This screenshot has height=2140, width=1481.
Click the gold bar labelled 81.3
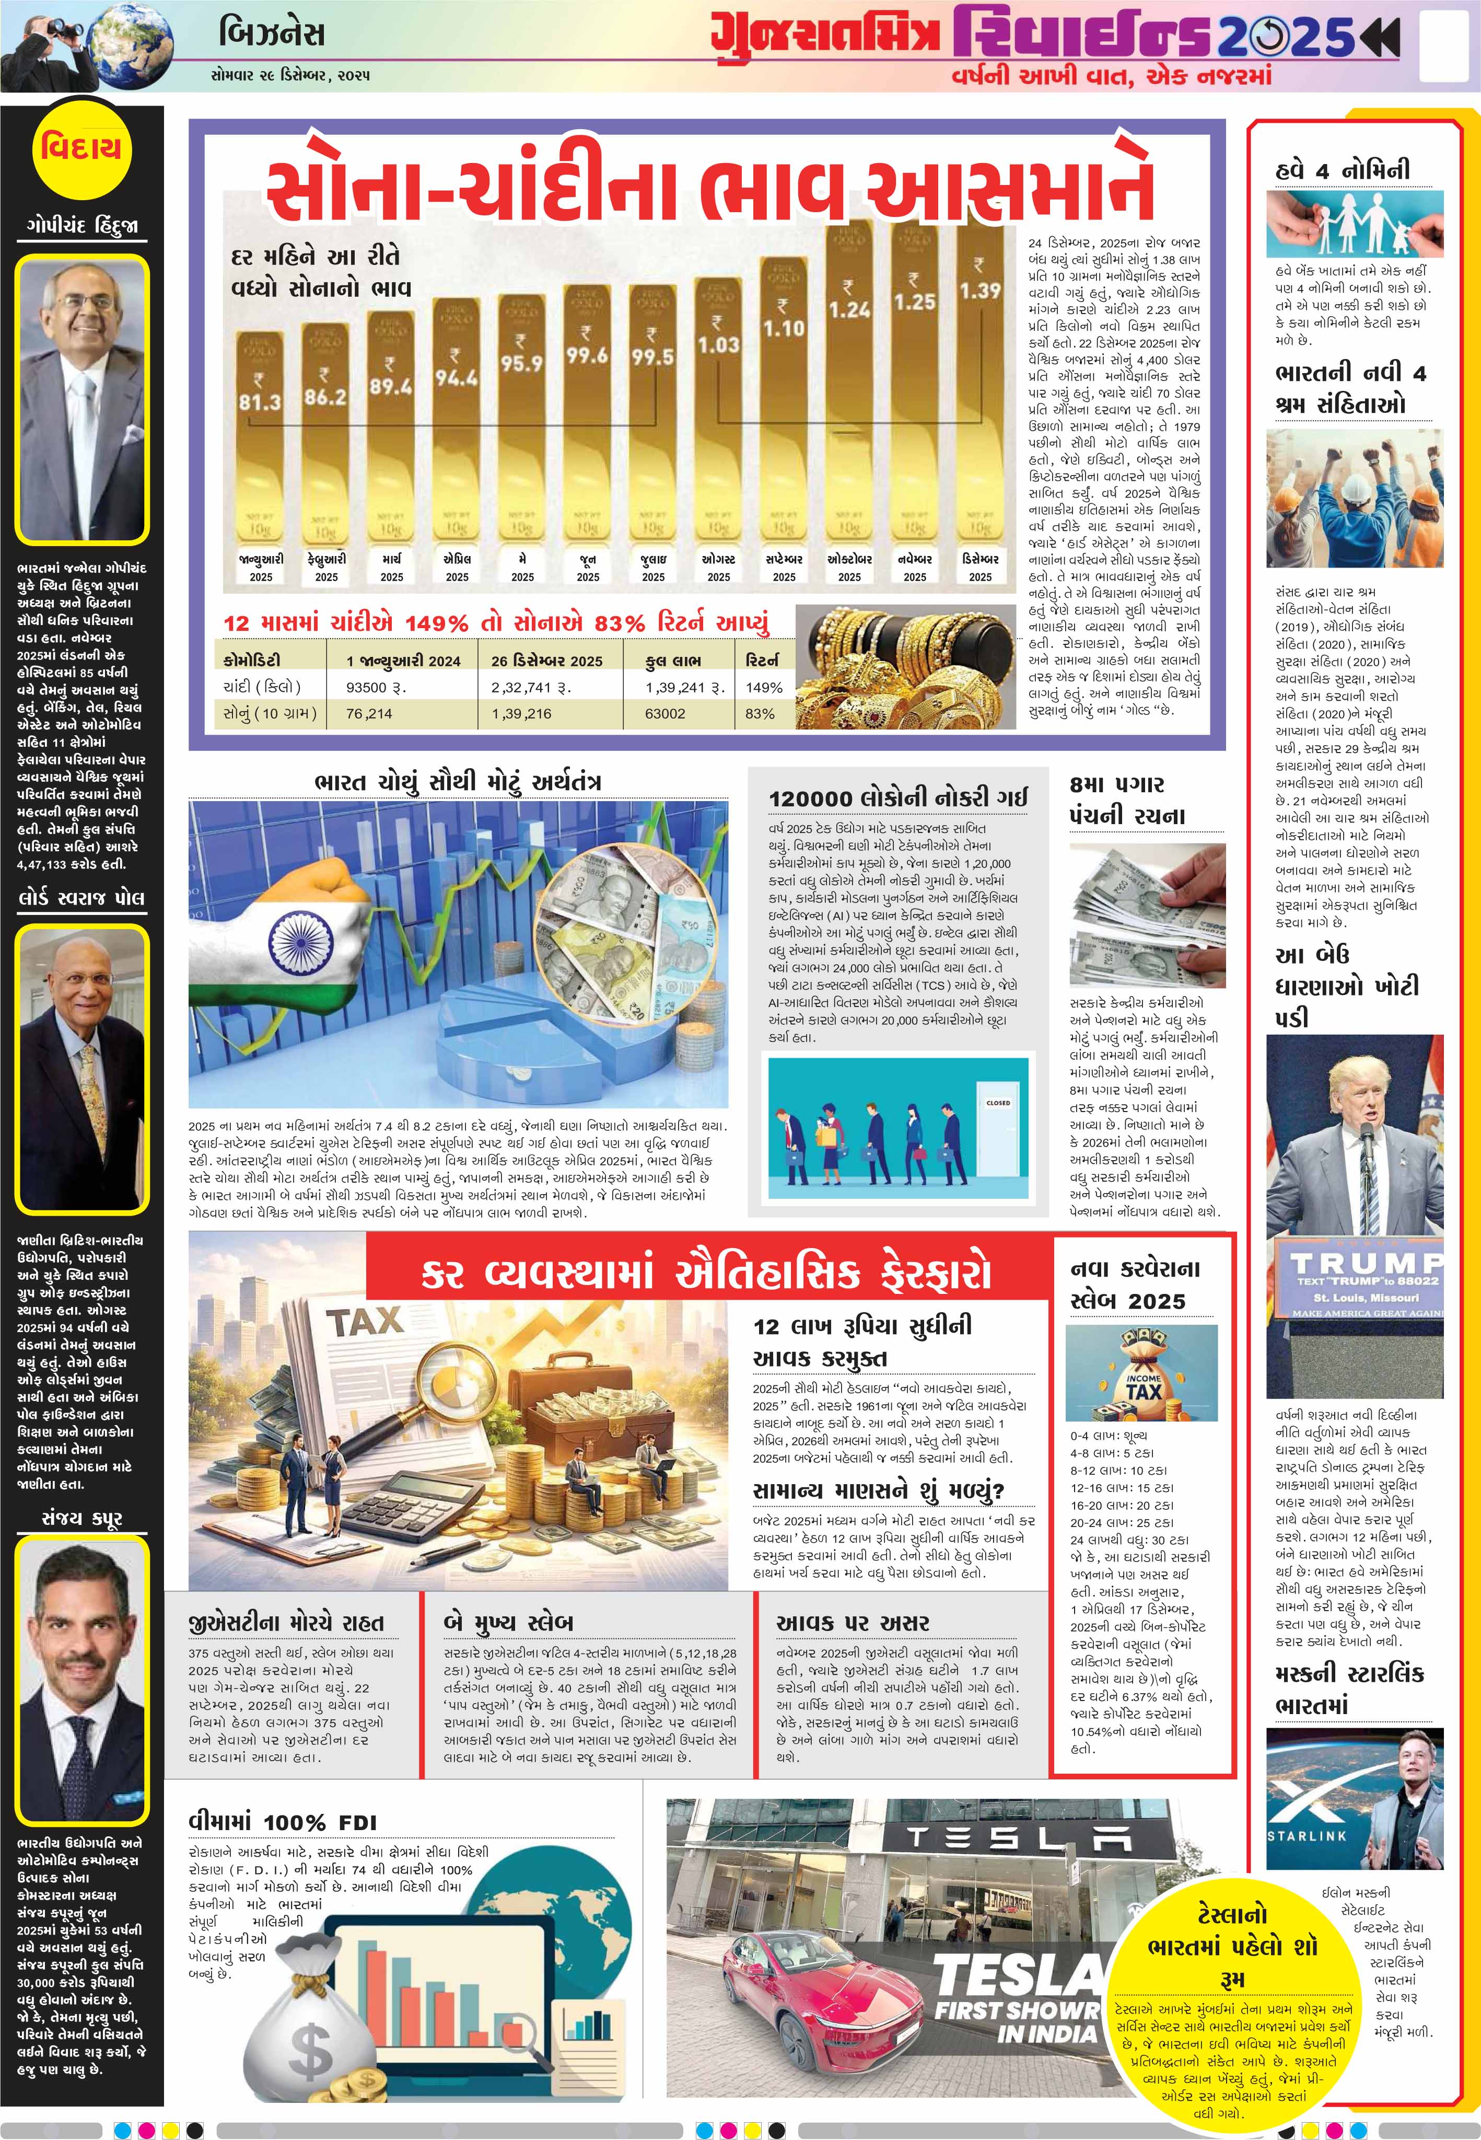pos(261,445)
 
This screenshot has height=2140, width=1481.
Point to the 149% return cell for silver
pos(764,688)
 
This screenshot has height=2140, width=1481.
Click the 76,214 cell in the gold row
pos(369,714)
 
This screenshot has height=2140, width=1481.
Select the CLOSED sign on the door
pos(998,1103)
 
